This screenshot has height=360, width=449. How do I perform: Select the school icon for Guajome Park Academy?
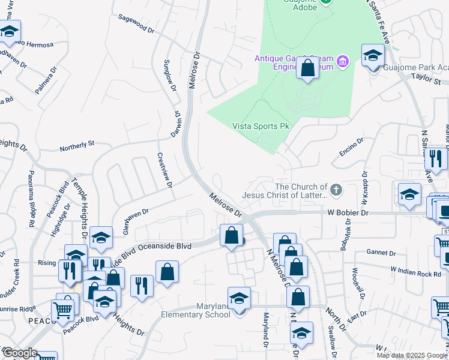373,56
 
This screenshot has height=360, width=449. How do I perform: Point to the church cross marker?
336,190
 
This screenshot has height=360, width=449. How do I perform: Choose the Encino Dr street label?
351,148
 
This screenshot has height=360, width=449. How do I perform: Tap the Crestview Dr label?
165,169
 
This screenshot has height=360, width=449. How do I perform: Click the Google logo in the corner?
20,353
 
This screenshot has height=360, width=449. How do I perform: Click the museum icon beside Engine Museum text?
343,61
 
